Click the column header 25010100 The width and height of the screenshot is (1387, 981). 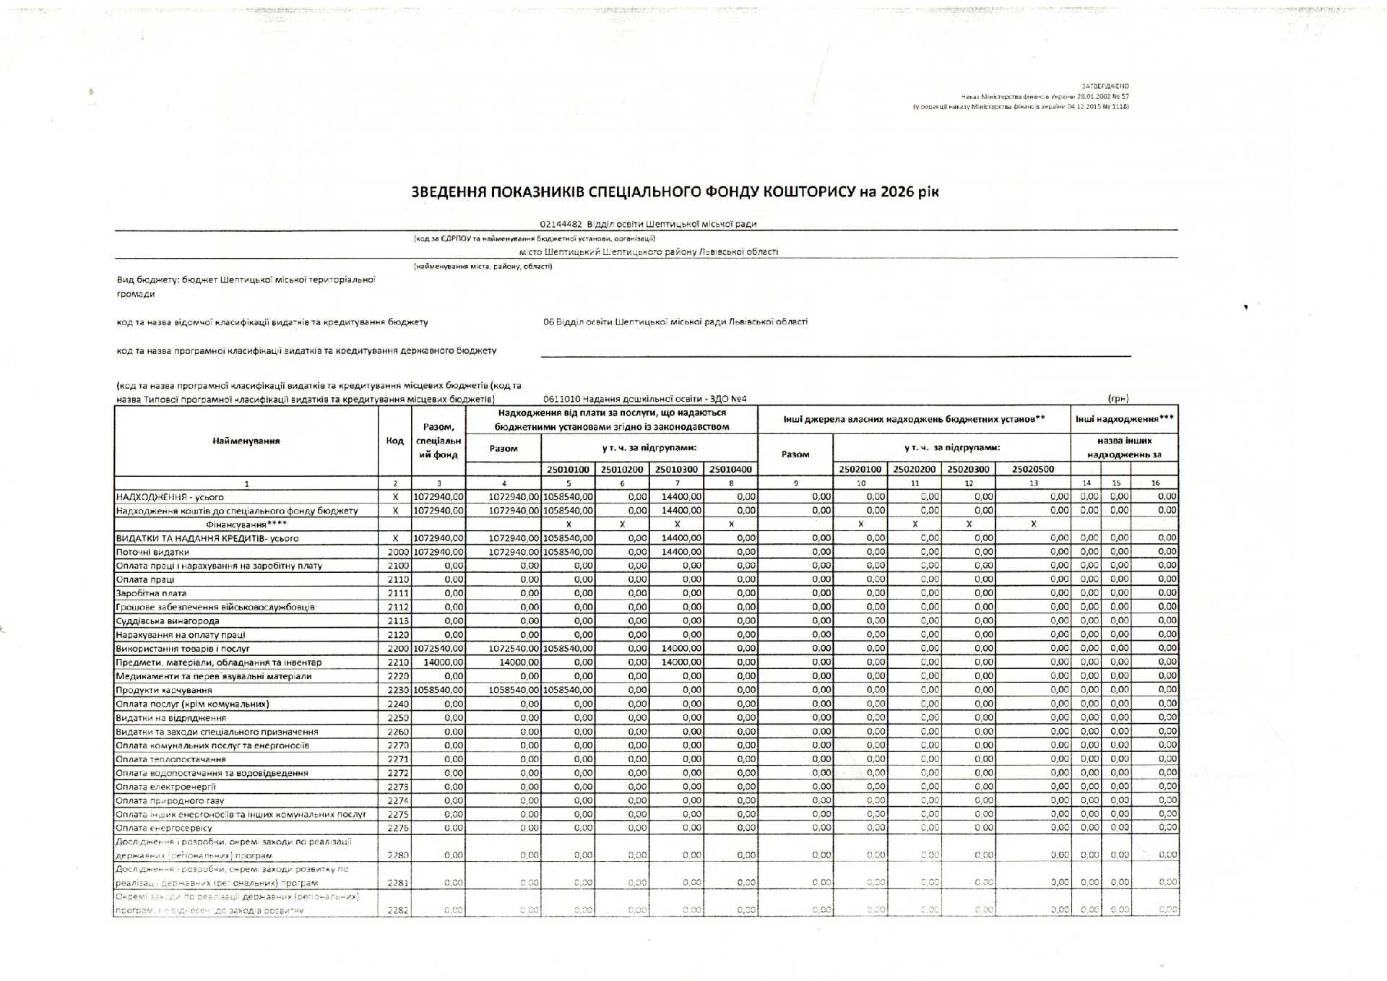568,470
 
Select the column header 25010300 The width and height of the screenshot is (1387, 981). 676,470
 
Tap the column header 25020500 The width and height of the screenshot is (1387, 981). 1033,470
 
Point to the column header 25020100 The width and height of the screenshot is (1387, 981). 860,470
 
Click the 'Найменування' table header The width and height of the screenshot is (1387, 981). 246,441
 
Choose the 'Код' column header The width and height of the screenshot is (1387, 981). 394,441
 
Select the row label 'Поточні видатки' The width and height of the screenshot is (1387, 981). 152,552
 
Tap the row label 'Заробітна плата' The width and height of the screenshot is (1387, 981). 151,593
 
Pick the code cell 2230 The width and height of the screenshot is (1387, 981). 398,690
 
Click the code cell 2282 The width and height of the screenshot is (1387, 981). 398,910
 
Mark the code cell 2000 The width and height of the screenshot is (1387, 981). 398,552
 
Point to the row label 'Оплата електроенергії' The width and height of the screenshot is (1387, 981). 165,787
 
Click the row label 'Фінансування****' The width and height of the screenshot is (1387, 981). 246,524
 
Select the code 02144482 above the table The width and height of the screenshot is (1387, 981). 561,224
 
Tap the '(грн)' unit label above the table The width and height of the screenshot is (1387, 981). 1118,399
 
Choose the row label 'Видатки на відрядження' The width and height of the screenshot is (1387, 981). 170,718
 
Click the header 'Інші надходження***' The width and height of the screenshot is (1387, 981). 1124,419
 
